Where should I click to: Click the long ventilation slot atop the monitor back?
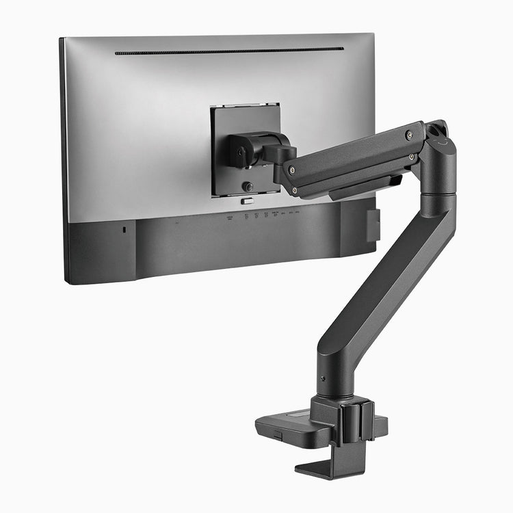pos(229,51)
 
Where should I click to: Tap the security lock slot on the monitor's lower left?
pos(123,230)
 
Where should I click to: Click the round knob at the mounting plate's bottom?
pos(248,186)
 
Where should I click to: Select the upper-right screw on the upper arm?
pos(409,135)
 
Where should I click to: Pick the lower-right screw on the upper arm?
pos(412,157)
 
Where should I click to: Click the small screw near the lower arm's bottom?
pos(322,378)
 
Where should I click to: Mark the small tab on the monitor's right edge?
pos(373,225)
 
